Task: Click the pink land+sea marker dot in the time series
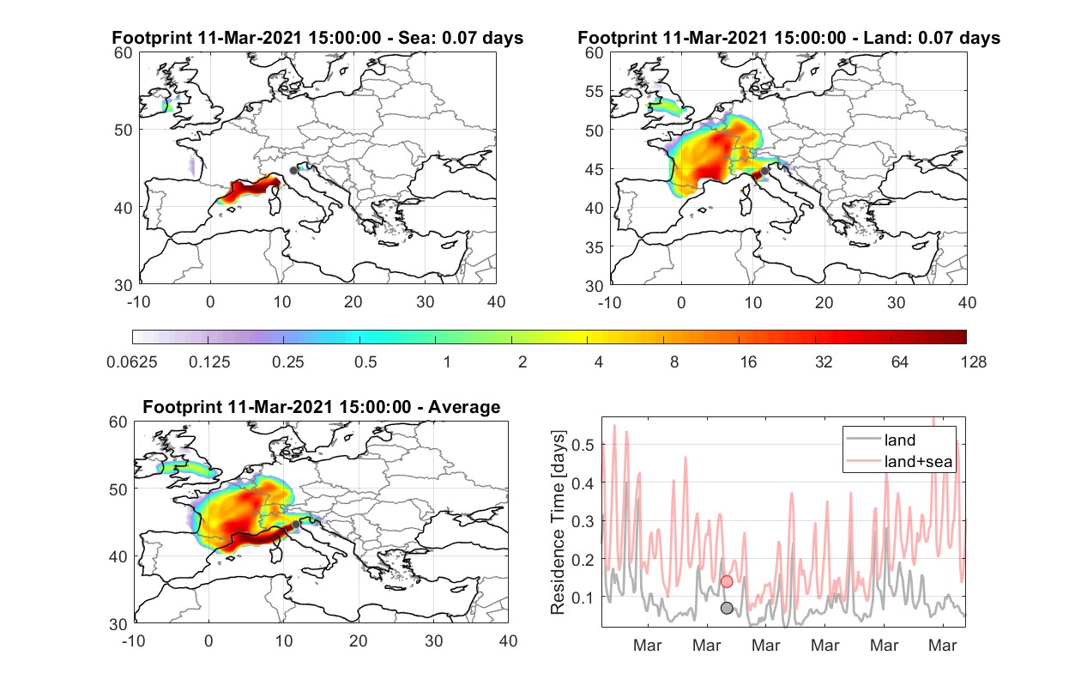(x=727, y=581)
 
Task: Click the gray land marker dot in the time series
(x=727, y=608)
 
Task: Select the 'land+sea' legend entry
(x=899, y=461)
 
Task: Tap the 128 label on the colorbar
(x=973, y=362)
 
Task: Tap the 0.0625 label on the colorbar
(x=132, y=362)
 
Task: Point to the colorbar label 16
(x=748, y=362)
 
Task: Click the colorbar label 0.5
(x=365, y=362)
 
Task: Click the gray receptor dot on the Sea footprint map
(x=293, y=171)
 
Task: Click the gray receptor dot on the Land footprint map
(x=764, y=171)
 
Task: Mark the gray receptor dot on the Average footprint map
(x=296, y=525)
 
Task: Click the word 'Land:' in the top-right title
(x=885, y=38)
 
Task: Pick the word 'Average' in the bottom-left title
(x=464, y=407)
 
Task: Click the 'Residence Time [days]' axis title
(x=558, y=523)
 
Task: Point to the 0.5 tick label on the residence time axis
(x=583, y=445)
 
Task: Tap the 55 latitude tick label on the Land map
(x=595, y=91)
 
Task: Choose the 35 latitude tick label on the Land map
(x=595, y=247)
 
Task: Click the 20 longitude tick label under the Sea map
(x=353, y=302)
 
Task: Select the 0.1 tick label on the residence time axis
(x=583, y=598)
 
